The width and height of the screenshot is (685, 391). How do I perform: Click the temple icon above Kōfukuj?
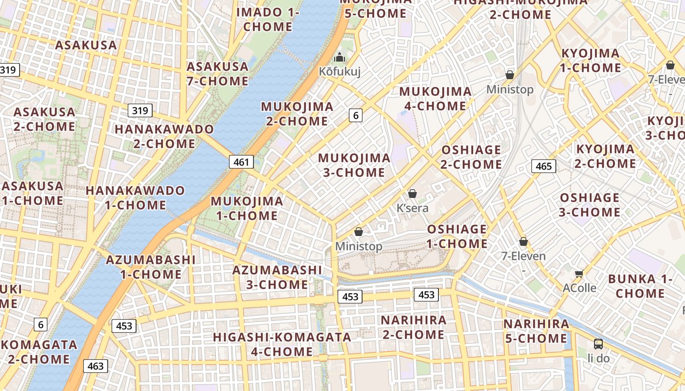[x=340, y=57]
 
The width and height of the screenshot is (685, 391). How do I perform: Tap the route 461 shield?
[x=241, y=162]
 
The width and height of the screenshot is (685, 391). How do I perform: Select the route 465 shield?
[x=544, y=166]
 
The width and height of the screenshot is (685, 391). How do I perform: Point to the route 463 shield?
[x=95, y=366]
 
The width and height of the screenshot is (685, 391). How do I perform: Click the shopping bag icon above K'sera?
[x=412, y=194]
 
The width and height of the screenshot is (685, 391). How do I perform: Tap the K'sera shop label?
[x=412, y=208]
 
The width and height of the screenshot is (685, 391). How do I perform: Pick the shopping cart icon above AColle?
[x=579, y=273]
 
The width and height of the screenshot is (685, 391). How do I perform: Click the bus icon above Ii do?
[x=598, y=344]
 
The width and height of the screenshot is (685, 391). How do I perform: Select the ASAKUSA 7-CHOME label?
[x=218, y=74]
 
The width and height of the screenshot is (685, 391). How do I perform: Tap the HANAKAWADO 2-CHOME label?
[x=164, y=136]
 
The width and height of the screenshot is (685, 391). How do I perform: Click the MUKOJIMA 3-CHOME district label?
[x=354, y=165]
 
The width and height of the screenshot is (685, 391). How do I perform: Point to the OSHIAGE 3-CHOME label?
[x=590, y=205]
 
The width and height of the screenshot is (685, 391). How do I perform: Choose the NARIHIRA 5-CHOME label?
[x=536, y=331]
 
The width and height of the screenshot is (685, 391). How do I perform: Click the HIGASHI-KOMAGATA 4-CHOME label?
[x=282, y=344]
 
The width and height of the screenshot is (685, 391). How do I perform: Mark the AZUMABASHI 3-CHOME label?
[x=277, y=277]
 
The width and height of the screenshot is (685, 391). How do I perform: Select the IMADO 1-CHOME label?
[x=268, y=20]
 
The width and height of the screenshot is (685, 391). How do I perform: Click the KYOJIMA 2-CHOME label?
[x=605, y=156]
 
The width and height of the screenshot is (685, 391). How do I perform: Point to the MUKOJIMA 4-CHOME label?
[x=435, y=99]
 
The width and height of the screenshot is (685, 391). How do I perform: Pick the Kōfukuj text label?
[x=340, y=72]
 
